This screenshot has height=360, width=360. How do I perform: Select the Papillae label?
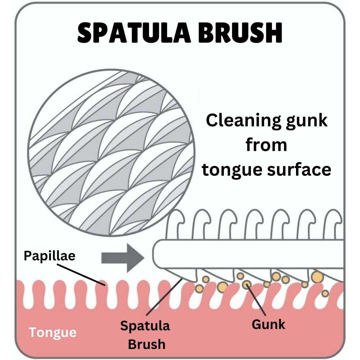tap(50, 256)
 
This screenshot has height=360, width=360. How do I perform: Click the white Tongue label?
tap(52, 332)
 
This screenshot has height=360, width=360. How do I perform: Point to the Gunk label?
tap(268, 324)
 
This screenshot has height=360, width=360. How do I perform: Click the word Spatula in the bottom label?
tap(145, 326)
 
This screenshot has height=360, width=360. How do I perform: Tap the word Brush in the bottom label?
tap(147, 344)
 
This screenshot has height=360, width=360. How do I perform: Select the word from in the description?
tap(266, 145)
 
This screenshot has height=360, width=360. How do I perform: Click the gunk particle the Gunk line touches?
tap(247, 284)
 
